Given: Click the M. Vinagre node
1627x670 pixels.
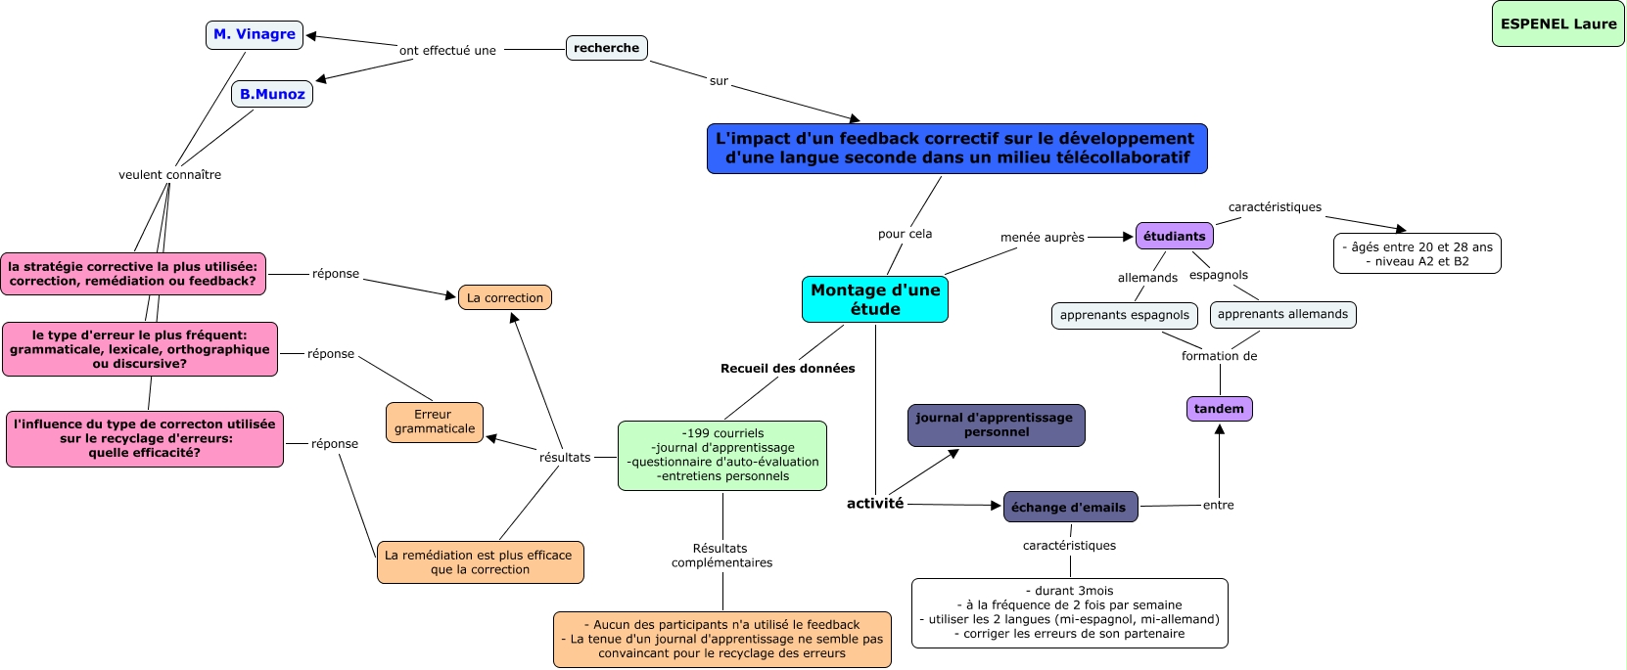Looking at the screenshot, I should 255,35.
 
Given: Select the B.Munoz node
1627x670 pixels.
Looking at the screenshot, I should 272,94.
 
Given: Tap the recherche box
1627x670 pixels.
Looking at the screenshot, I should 606,48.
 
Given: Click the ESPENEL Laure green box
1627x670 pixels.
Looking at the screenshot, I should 1557,24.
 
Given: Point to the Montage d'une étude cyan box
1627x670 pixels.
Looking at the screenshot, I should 874,299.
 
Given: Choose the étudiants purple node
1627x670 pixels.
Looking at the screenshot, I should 1174,236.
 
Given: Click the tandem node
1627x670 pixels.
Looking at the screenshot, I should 1219,409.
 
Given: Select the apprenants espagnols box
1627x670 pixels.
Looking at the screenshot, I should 1124,315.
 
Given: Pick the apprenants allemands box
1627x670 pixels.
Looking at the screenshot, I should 1282,314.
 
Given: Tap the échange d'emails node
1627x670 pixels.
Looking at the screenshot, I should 1069,507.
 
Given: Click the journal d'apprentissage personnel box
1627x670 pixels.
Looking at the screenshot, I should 996,425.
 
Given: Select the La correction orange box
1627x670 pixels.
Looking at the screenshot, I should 504,297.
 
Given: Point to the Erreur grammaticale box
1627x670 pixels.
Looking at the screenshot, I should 434,422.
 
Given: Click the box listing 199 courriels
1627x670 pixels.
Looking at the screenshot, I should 722,455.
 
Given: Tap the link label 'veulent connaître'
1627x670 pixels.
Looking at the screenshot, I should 169,175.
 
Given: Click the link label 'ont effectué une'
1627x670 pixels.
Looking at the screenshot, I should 447,51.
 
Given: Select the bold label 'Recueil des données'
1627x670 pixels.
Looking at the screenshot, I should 787,369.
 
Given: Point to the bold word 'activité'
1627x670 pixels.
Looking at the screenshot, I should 875,504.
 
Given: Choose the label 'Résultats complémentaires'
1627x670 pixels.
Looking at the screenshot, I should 721,556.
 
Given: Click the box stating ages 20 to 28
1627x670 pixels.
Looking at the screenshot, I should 1417,254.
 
